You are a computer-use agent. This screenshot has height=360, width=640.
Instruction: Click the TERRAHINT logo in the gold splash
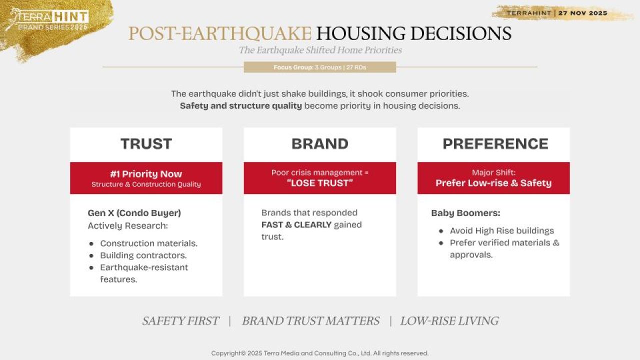point(47,19)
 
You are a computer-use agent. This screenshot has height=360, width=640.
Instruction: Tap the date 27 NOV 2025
point(583,13)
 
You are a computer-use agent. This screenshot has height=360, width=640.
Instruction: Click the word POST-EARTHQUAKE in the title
point(219,33)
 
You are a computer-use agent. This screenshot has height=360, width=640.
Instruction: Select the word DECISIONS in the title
point(460,33)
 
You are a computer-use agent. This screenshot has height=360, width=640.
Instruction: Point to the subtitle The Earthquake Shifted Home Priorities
point(320,50)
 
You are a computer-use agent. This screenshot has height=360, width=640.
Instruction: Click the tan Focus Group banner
point(319,67)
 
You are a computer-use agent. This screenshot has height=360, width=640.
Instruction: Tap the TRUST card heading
point(146,143)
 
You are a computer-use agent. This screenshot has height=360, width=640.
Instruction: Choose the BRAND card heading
point(319,143)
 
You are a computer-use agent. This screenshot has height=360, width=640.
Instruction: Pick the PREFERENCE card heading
point(495,143)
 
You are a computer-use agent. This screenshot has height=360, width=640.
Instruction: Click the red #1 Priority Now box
point(146,178)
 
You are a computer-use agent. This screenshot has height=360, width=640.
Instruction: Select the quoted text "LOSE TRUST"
point(319,183)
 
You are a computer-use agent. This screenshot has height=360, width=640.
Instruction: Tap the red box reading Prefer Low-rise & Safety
point(493,178)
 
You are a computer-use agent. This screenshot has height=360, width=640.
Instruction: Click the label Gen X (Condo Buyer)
point(134,213)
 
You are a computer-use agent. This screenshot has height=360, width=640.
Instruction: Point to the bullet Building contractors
point(143,255)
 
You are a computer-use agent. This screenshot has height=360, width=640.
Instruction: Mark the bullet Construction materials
point(148,243)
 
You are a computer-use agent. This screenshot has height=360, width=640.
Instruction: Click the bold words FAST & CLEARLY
point(296,225)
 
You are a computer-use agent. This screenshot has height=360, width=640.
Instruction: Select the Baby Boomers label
point(465,213)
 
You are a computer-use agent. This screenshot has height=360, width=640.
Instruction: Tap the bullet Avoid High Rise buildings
point(501,231)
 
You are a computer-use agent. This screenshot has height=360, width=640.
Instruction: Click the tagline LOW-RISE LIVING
point(449,321)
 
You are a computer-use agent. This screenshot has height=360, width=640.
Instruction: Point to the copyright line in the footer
point(319,353)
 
